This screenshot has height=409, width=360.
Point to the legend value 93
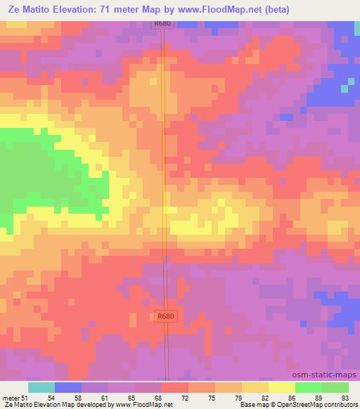point(345,397)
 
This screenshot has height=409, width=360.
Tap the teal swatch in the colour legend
point(41,387)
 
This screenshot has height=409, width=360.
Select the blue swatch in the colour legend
point(68,387)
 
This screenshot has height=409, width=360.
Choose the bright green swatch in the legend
point(309,387)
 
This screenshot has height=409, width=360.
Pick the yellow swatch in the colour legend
point(282,387)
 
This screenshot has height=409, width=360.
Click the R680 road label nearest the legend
point(165,316)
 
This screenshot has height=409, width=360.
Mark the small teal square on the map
point(345,89)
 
